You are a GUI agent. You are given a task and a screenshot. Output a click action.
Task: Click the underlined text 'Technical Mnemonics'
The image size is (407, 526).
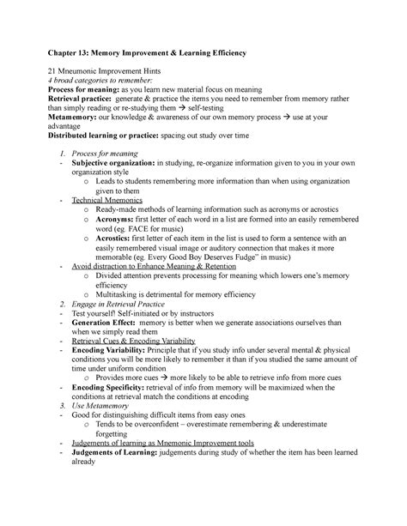107,200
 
